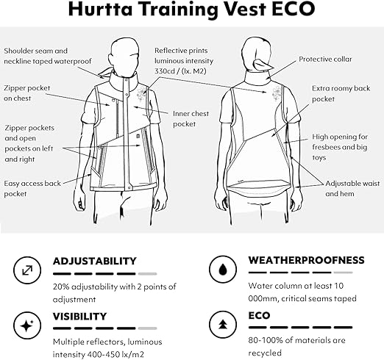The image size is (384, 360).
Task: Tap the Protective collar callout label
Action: (x=325, y=60)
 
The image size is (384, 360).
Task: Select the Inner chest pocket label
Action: (x=191, y=119)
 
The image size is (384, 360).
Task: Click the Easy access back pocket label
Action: (x=32, y=189)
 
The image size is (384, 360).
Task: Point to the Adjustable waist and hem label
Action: (x=352, y=189)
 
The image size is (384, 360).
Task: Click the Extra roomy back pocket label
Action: (x=341, y=93)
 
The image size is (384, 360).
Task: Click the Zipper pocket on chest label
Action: (x=27, y=93)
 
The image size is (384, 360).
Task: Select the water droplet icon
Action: (x=223, y=270)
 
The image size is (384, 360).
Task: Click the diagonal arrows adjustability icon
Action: (x=27, y=270)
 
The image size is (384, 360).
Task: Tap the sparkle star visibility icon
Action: (x=27, y=325)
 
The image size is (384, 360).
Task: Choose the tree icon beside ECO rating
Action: (x=223, y=324)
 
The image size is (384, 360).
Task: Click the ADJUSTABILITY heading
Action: (x=95, y=261)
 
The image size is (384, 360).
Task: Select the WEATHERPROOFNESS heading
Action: (x=307, y=260)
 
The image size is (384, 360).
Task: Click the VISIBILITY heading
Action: (x=80, y=317)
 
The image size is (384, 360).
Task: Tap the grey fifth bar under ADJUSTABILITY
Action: (x=147, y=274)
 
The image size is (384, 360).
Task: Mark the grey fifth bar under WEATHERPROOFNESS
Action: (x=343, y=273)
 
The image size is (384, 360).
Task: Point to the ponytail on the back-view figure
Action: (x=262, y=65)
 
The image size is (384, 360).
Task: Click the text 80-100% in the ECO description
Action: (x=263, y=340)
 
